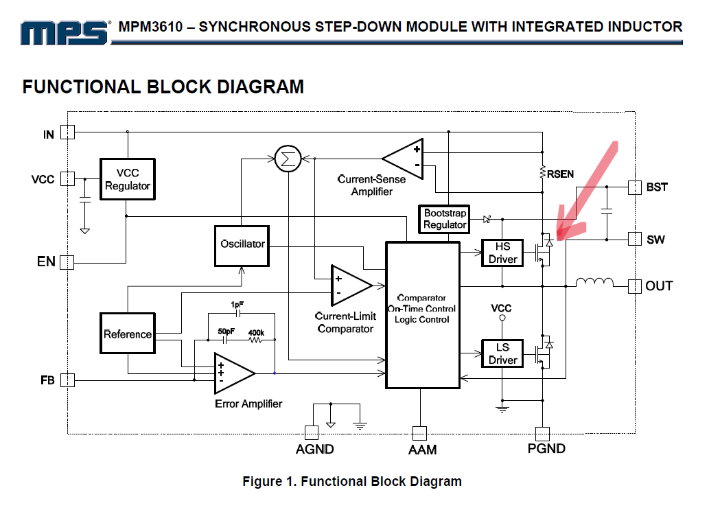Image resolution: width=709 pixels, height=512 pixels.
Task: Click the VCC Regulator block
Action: pos(128,179)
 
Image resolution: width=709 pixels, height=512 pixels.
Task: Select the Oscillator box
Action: pos(242,244)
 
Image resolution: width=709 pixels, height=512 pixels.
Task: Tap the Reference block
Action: pos(128,334)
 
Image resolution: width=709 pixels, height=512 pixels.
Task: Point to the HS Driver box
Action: pos(502,253)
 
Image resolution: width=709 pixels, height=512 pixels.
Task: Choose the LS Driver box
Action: pos(502,353)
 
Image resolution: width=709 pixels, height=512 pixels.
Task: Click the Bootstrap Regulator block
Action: pos(445,219)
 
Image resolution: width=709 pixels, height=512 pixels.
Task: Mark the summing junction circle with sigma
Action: pos(287,159)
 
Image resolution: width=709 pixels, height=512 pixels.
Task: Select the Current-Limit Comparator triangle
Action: pos(349,284)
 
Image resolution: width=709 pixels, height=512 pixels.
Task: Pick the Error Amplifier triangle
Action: pos(232,373)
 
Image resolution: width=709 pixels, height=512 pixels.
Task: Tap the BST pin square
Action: pos(635,187)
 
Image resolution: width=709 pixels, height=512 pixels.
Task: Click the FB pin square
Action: pos(67,380)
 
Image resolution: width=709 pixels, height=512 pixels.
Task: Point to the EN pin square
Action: pos(67,261)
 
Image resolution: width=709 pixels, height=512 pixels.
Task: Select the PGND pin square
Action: pos(542,433)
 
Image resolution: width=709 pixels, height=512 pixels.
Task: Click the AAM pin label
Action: pos(421,450)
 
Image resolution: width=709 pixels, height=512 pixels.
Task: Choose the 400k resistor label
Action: pos(255,333)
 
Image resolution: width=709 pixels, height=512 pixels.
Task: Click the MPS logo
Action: pos(65,32)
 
